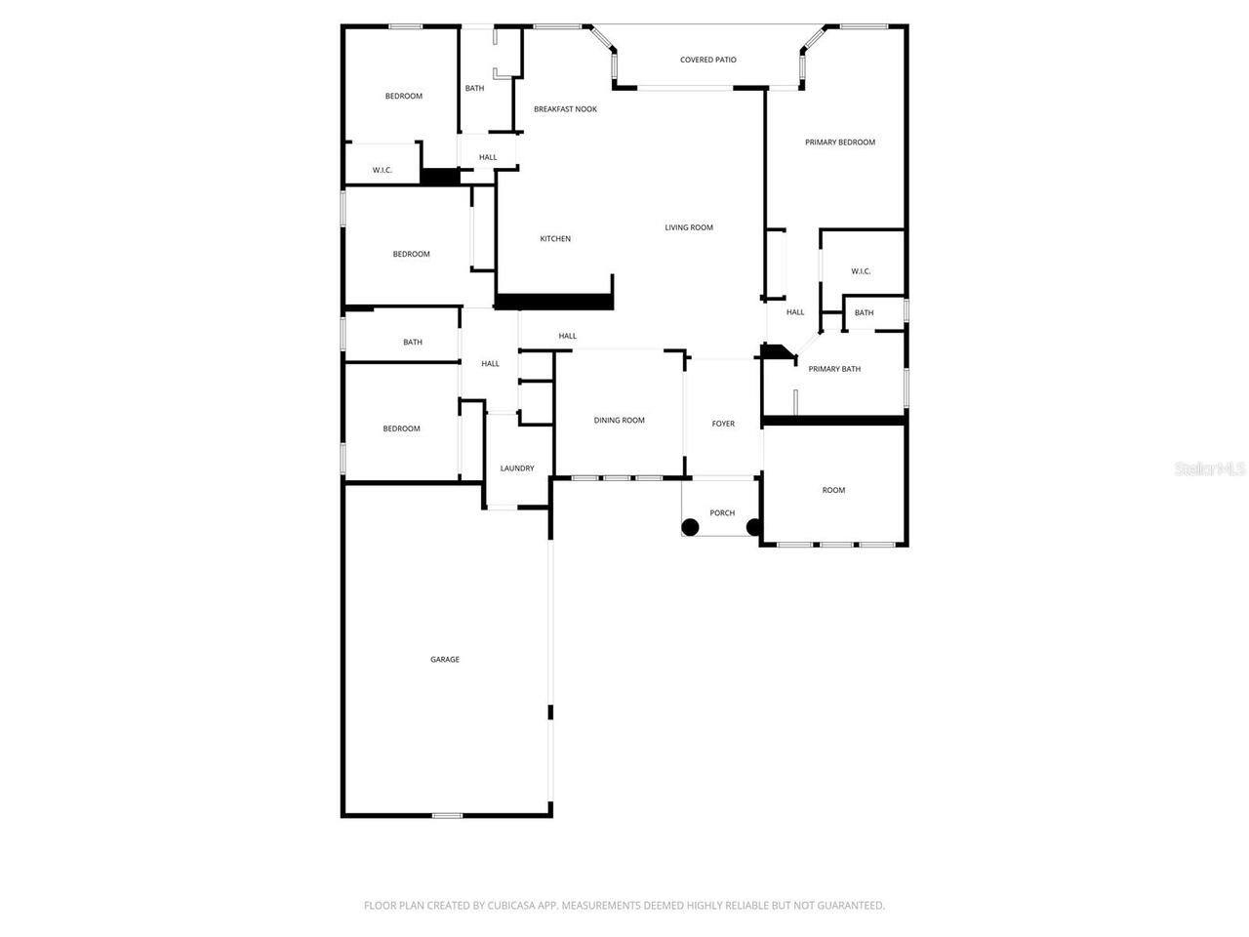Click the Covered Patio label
(x=708, y=60)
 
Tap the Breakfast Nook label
(x=565, y=109)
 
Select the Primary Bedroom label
(x=839, y=143)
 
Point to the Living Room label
(x=689, y=227)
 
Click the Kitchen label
(x=555, y=239)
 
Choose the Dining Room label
(x=620, y=421)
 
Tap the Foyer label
(x=723, y=424)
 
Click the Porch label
(x=722, y=513)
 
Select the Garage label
(x=445, y=660)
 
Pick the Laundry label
(x=517, y=468)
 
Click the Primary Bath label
(x=834, y=369)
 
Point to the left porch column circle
(x=690, y=527)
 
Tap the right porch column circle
(x=754, y=527)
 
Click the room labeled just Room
(x=833, y=490)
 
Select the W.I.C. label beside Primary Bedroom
(x=861, y=271)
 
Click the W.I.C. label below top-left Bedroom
(x=383, y=171)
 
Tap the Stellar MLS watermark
(x=1210, y=469)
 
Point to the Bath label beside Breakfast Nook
(x=474, y=89)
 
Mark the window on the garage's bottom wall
(x=448, y=815)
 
